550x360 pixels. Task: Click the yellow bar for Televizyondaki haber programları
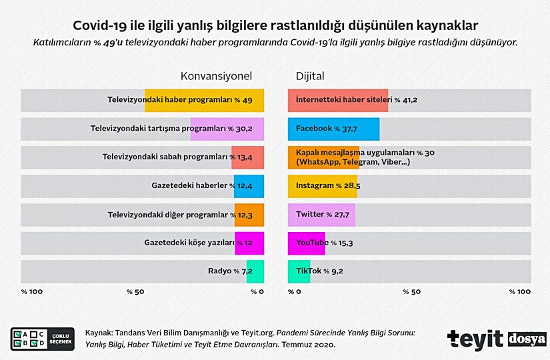pyautogui.click(x=204, y=100)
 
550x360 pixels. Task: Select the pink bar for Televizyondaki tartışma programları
pyautogui.click(x=227, y=129)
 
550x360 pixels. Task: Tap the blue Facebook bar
pyautogui.click(x=333, y=129)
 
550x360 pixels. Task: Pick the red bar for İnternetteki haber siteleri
pyautogui.click(x=337, y=100)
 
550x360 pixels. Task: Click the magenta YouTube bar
pyautogui.click(x=306, y=243)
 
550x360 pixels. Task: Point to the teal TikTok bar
pyautogui.click(x=299, y=271)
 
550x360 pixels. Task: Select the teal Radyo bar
pyautogui.click(x=255, y=271)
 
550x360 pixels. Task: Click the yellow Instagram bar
pyautogui.click(x=322, y=186)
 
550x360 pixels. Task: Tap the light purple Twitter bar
pyautogui.click(x=321, y=215)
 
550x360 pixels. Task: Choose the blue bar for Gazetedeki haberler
pyautogui.click(x=249, y=186)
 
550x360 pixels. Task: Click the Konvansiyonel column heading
pyautogui.click(x=217, y=76)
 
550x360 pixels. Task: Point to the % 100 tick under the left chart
pyautogui.click(x=32, y=292)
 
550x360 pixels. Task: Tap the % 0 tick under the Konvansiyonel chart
pyautogui.click(x=256, y=292)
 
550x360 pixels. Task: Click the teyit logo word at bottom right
pyautogui.click(x=475, y=339)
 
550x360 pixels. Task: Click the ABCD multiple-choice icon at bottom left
pyautogui.click(x=29, y=339)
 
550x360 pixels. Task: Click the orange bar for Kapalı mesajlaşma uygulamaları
pyautogui.click(x=323, y=157)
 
